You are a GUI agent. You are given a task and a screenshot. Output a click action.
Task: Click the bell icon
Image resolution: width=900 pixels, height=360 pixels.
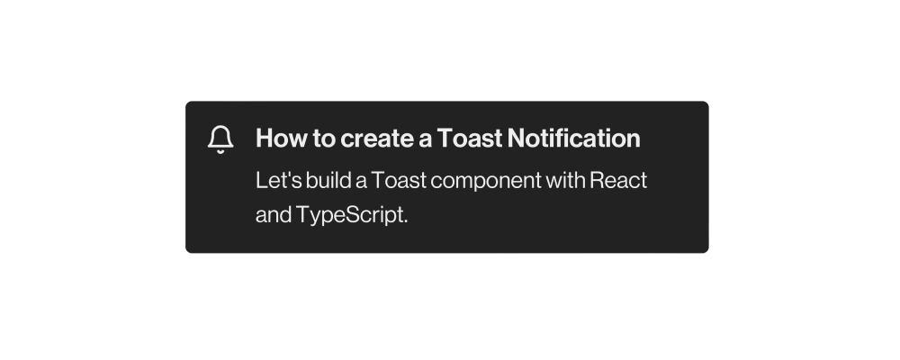(220, 139)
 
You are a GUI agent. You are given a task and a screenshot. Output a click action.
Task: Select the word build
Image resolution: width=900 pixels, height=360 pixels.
(328, 180)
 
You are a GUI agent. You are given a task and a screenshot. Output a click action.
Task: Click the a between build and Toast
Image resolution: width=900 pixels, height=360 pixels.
(362, 181)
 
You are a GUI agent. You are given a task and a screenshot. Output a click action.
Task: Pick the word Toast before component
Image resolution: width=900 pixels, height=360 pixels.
(399, 180)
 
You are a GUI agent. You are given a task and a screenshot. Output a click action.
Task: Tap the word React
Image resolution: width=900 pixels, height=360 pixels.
(618, 180)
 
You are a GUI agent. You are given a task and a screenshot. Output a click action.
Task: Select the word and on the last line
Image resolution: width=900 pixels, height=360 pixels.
(273, 217)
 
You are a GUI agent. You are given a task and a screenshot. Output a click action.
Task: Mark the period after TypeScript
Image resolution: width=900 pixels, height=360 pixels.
(406, 222)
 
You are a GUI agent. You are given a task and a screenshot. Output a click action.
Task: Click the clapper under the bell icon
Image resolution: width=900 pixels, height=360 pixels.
(220, 152)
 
